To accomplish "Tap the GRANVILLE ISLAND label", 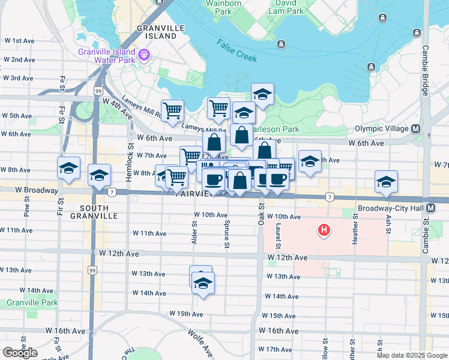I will pos(159,32).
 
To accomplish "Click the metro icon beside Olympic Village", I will pos(415,128).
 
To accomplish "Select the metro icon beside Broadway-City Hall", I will pos(439,208).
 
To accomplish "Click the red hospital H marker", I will pos(324,230).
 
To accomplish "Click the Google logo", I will pos(20,352).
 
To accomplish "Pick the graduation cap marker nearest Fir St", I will pos(68,169).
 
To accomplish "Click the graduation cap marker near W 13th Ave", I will pos(203,283).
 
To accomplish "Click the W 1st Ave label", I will pos(20,41).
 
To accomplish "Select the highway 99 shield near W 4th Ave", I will pos(98,91).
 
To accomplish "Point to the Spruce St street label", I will pos(226,235).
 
